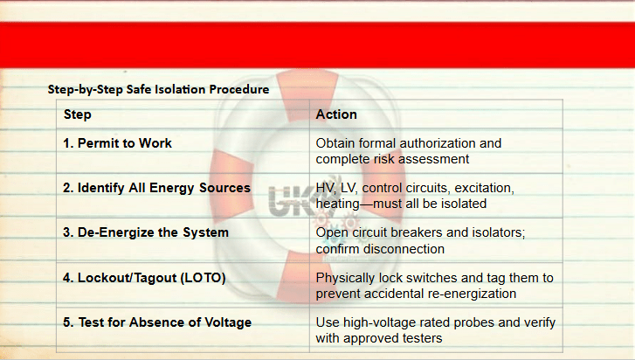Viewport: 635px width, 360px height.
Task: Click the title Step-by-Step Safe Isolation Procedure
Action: [x=158, y=89]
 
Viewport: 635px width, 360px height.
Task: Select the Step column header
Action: [x=78, y=114]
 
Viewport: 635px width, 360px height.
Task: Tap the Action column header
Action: [x=336, y=114]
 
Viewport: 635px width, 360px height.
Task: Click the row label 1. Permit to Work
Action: [x=117, y=143]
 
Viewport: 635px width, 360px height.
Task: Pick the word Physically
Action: [x=345, y=278]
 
